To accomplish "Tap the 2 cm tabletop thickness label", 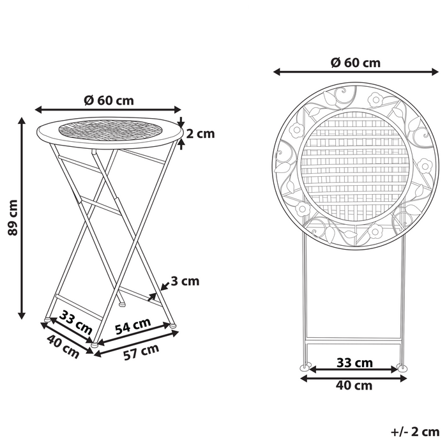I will (201, 133).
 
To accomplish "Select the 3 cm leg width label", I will (185, 281).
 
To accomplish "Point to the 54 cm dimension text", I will (133, 326).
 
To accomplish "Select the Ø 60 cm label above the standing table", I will (109, 100).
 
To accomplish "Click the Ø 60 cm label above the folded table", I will (355, 63).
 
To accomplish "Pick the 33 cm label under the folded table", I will (355, 363).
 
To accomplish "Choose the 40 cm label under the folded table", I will (355, 385).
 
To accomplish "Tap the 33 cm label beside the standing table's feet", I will (75, 321).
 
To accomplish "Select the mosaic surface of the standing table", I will (109, 130).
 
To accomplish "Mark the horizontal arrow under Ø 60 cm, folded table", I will (354, 72).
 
